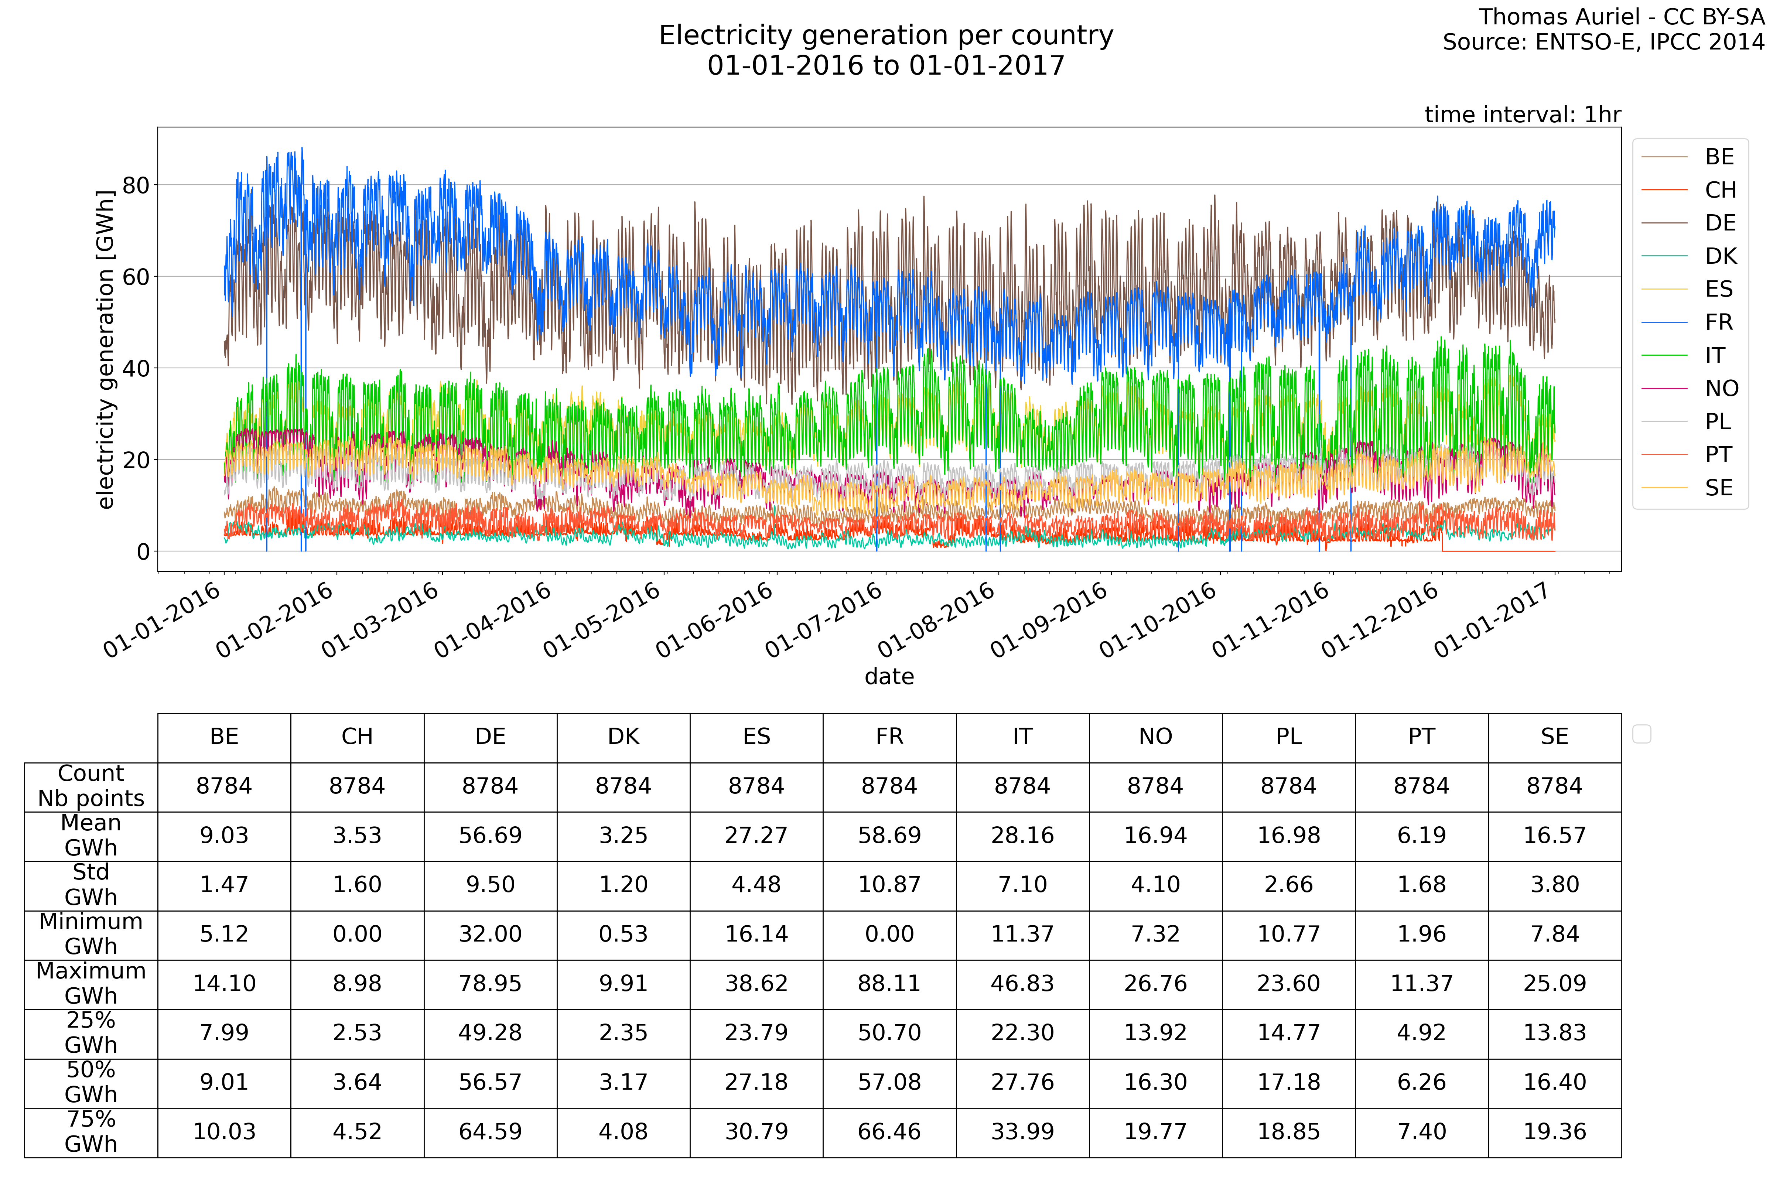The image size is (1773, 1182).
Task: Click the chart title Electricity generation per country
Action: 886,35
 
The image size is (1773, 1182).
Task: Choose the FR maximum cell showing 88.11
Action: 889,984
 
